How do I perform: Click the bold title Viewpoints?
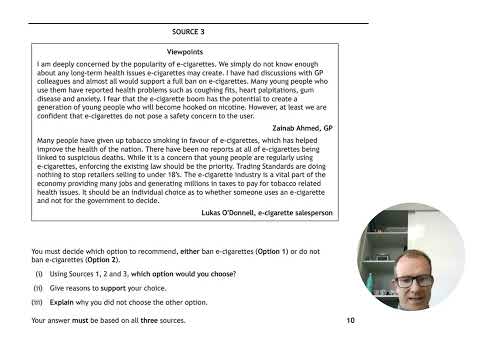pos(188,49)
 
